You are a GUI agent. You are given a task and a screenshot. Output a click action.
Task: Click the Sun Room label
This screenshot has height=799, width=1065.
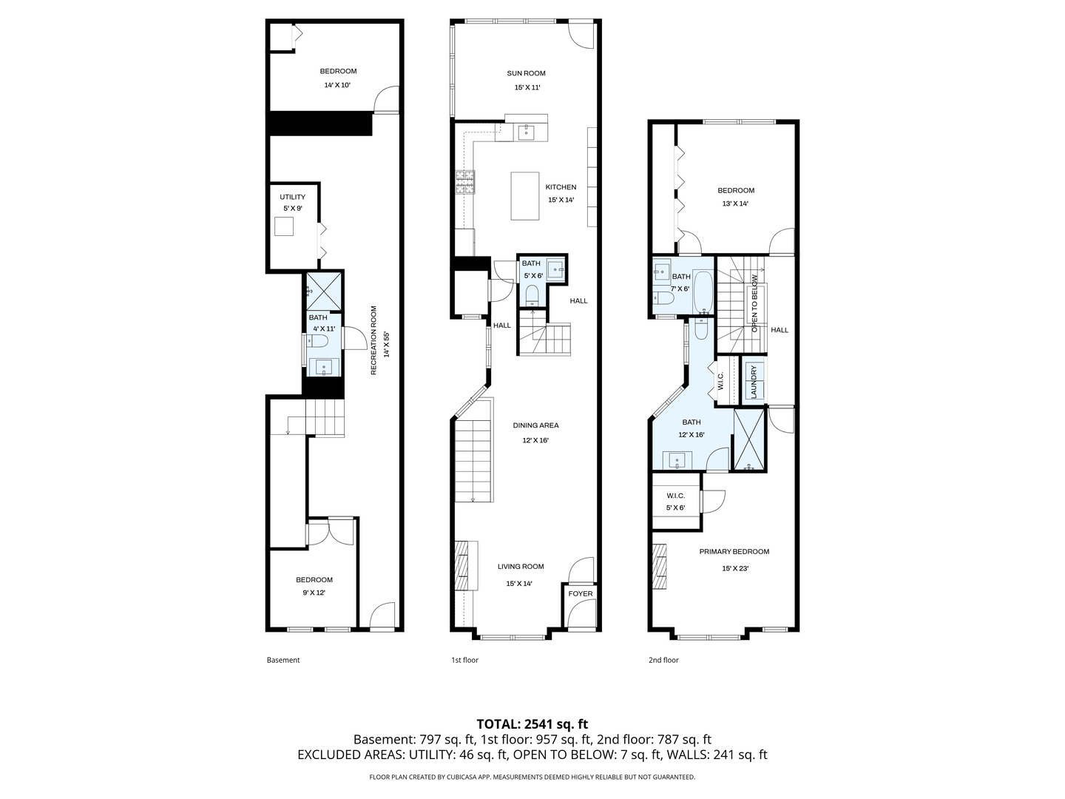[x=526, y=73]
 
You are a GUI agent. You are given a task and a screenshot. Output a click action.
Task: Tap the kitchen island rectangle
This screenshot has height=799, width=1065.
[x=525, y=196]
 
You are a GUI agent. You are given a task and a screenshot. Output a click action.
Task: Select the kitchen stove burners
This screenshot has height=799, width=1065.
[x=465, y=182]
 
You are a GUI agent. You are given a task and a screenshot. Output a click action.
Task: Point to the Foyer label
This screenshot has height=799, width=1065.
[x=581, y=593]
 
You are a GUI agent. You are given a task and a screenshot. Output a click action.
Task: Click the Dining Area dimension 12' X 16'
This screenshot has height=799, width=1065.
[x=535, y=440]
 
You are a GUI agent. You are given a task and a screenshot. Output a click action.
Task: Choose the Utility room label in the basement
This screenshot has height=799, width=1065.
[x=292, y=198]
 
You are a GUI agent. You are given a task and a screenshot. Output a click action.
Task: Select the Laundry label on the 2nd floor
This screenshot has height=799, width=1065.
[x=754, y=382]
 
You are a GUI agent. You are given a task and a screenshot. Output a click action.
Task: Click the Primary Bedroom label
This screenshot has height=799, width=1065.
[x=734, y=551]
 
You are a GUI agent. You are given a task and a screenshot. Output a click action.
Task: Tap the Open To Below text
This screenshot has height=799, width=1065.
[x=754, y=303]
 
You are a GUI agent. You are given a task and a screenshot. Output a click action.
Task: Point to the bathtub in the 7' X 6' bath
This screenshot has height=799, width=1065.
[x=703, y=291]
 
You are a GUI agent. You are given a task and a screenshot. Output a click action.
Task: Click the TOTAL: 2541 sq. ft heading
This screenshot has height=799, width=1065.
[x=532, y=724]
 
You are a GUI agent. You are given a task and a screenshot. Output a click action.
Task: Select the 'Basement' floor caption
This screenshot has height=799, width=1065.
[x=283, y=660]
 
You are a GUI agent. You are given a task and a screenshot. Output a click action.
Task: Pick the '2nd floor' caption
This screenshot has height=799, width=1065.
[x=663, y=660]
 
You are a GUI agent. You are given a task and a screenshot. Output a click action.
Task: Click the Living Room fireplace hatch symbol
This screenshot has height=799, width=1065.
[x=462, y=566]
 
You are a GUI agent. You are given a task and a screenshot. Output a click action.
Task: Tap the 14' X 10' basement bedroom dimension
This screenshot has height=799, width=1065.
[x=337, y=85]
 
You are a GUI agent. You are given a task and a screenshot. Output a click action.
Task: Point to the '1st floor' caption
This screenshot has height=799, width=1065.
[x=464, y=660]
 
